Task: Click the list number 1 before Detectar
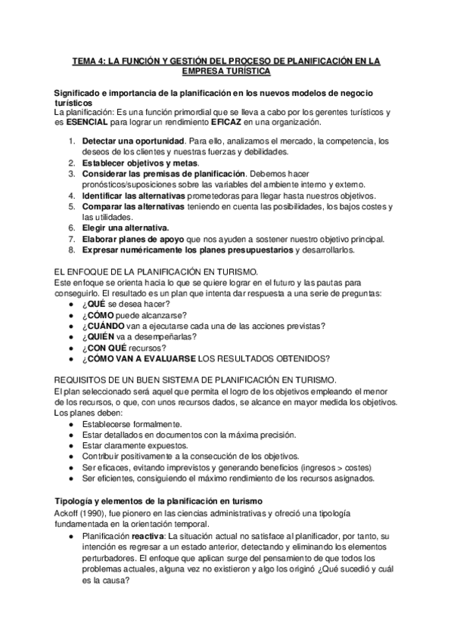click(70, 141)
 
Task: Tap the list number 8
click(70, 249)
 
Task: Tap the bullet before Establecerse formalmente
click(70, 424)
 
